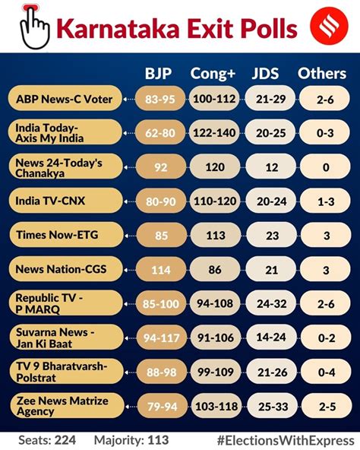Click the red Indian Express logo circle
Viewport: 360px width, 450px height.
tap(329, 26)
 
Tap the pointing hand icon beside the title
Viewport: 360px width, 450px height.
tap(34, 27)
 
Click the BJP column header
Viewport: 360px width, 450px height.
tap(158, 74)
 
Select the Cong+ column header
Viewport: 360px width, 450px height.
tap(213, 74)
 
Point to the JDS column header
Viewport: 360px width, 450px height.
tap(265, 74)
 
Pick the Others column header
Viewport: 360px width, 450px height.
tap(322, 74)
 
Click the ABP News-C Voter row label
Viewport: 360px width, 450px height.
tap(65, 99)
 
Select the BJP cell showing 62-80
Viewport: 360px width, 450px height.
tap(160, 132)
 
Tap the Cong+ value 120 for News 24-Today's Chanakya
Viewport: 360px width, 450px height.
tap(215, 167)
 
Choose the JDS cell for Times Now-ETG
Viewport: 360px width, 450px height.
tap(272, 236)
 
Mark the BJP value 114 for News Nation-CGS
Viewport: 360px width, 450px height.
tap(161, 270)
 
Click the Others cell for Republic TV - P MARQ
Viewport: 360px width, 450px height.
tap(326, 303)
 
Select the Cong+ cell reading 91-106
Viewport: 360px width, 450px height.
tap(216, 337)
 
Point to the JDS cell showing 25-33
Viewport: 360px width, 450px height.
tap(273, 406)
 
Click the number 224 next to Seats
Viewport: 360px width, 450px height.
tap(65, 440)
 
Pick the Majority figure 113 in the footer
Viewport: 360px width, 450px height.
tap(158, 440)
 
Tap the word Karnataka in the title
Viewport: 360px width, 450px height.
tap(118, 29)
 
